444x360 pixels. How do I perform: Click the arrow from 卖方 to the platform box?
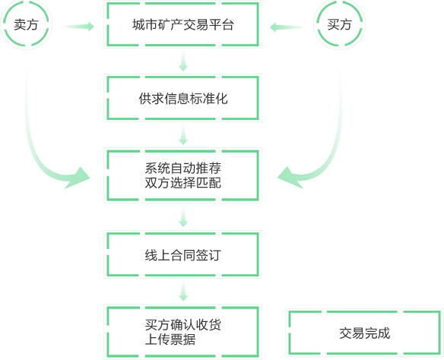(78, 27)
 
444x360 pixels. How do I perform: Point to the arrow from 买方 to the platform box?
(286, 27)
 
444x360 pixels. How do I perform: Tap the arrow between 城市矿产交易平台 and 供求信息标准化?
(183, 61)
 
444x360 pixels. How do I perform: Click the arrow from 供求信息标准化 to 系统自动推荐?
(183, 134)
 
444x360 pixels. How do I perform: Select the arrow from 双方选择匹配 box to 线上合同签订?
(183, 216)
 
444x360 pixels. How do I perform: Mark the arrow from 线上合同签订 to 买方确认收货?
(183, 291)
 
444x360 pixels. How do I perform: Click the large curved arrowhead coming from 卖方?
(78, 178)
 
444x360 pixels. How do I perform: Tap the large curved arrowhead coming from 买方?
(290, 178)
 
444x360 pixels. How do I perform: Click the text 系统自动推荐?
(182, 168)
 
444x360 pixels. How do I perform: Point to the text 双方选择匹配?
(182, 183)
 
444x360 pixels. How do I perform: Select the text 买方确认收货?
(182, 324)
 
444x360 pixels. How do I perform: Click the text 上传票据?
(170, 339)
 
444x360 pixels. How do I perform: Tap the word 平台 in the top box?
(221, 25)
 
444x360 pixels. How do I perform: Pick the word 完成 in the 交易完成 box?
(377, 333)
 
